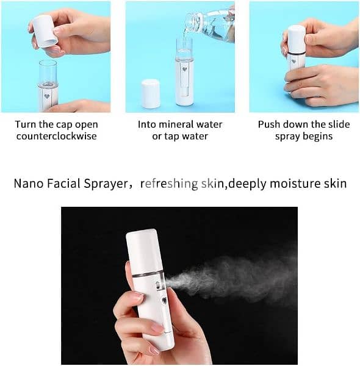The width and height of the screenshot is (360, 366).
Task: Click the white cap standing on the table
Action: (150, 93)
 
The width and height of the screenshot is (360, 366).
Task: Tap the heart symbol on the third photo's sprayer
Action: (293, 61)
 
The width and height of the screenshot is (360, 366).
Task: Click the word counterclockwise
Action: (57, 136)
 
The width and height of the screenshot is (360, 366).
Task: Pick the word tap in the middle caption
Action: (172, 136)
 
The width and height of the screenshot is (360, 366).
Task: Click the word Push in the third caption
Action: (269, 124)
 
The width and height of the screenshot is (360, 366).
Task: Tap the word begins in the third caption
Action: (317, 136)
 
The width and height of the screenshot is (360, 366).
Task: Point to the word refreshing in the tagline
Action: (169, 183)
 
